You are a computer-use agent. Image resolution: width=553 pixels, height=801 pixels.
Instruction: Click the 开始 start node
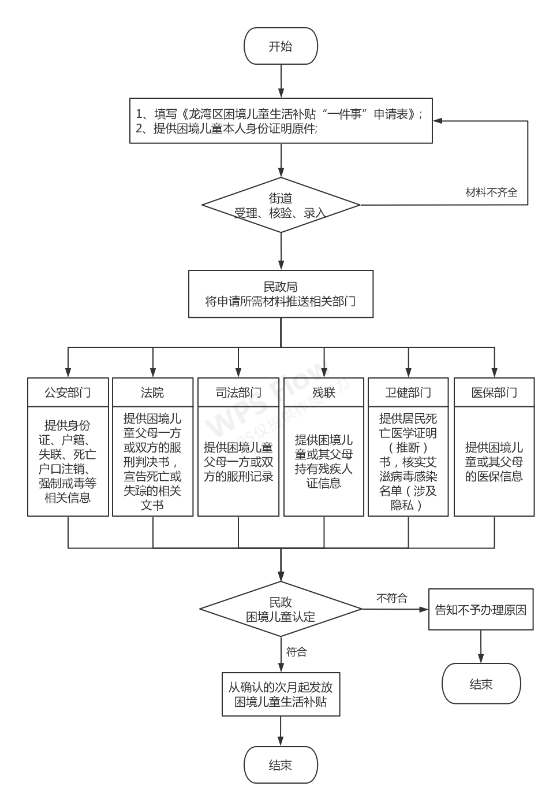pyautogui.click(x=281, y=47)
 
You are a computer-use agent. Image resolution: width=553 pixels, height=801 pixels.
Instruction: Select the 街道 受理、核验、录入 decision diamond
pyautogui.click(x=281, y=205)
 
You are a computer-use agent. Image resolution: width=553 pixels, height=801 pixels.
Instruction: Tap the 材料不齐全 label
pyautogui.click(x=491, y=192)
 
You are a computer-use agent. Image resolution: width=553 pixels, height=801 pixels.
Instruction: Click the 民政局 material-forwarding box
pyautogui.click(x=281, y=294)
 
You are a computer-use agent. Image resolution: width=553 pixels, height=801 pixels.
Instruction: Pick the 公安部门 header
pyautogui.click(x=68, y=393)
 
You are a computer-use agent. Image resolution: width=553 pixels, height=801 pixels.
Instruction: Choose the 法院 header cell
pyautogui.click(x=152, y=393)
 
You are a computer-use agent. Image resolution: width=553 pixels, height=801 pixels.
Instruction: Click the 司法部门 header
pyautogui.click(x=238, y=393)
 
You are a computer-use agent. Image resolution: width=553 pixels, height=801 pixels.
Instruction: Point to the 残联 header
pyautogui.click(x=323, y=393)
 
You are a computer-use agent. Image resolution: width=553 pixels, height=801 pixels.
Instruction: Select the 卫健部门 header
pyautogui.click(x=408, y=393)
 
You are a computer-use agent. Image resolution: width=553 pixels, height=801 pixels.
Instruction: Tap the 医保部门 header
pyautogui.click(x=494, y=393)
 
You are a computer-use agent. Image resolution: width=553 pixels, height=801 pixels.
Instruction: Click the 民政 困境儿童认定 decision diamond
pyautogui.click(x=281, y=609)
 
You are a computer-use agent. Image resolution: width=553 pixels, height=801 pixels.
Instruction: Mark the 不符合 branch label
pyautogui.click(x=392, y=598)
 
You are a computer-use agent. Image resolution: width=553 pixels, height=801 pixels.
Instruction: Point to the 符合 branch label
pyautogui.click(x=297, y=652)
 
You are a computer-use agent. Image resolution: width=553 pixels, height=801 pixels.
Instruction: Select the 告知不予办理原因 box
pyautogui.click(x=480, y=610)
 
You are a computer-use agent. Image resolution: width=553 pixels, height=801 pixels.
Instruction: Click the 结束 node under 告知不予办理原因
pyautogui.click(x=481, y=684)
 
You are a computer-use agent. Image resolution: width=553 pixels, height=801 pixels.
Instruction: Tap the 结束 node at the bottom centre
pyautogui.click(x=281, y=765)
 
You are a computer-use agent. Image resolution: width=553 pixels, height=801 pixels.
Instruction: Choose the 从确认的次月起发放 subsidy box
pyautogui.click(x=281, y=695)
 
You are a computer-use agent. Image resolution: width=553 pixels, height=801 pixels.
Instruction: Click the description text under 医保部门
pyautogui.click(x=494, y=462)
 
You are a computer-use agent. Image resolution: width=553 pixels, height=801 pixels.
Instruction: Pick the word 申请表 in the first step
pyautogui.click(x=391, y=114)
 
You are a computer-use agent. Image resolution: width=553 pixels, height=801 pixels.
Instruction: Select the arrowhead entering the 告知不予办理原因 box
pyautogui.click(x=424, y=609)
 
